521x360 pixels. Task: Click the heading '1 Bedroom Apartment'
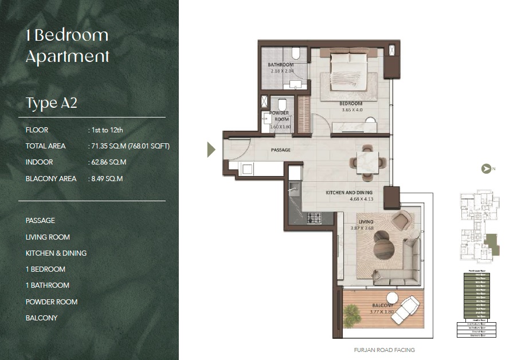point(67,46)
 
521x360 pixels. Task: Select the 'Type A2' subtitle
point(51,103)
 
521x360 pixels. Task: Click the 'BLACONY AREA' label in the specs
point(51,179)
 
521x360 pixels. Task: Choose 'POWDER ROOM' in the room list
point(52,302)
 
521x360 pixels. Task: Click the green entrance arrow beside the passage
point(211,150)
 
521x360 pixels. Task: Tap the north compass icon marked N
point(487,169)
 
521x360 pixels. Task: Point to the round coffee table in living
point(383,248)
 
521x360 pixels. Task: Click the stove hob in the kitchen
point(314,218)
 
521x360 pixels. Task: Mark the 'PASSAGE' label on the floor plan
point(281,150)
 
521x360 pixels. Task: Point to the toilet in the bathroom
point(295,54)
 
